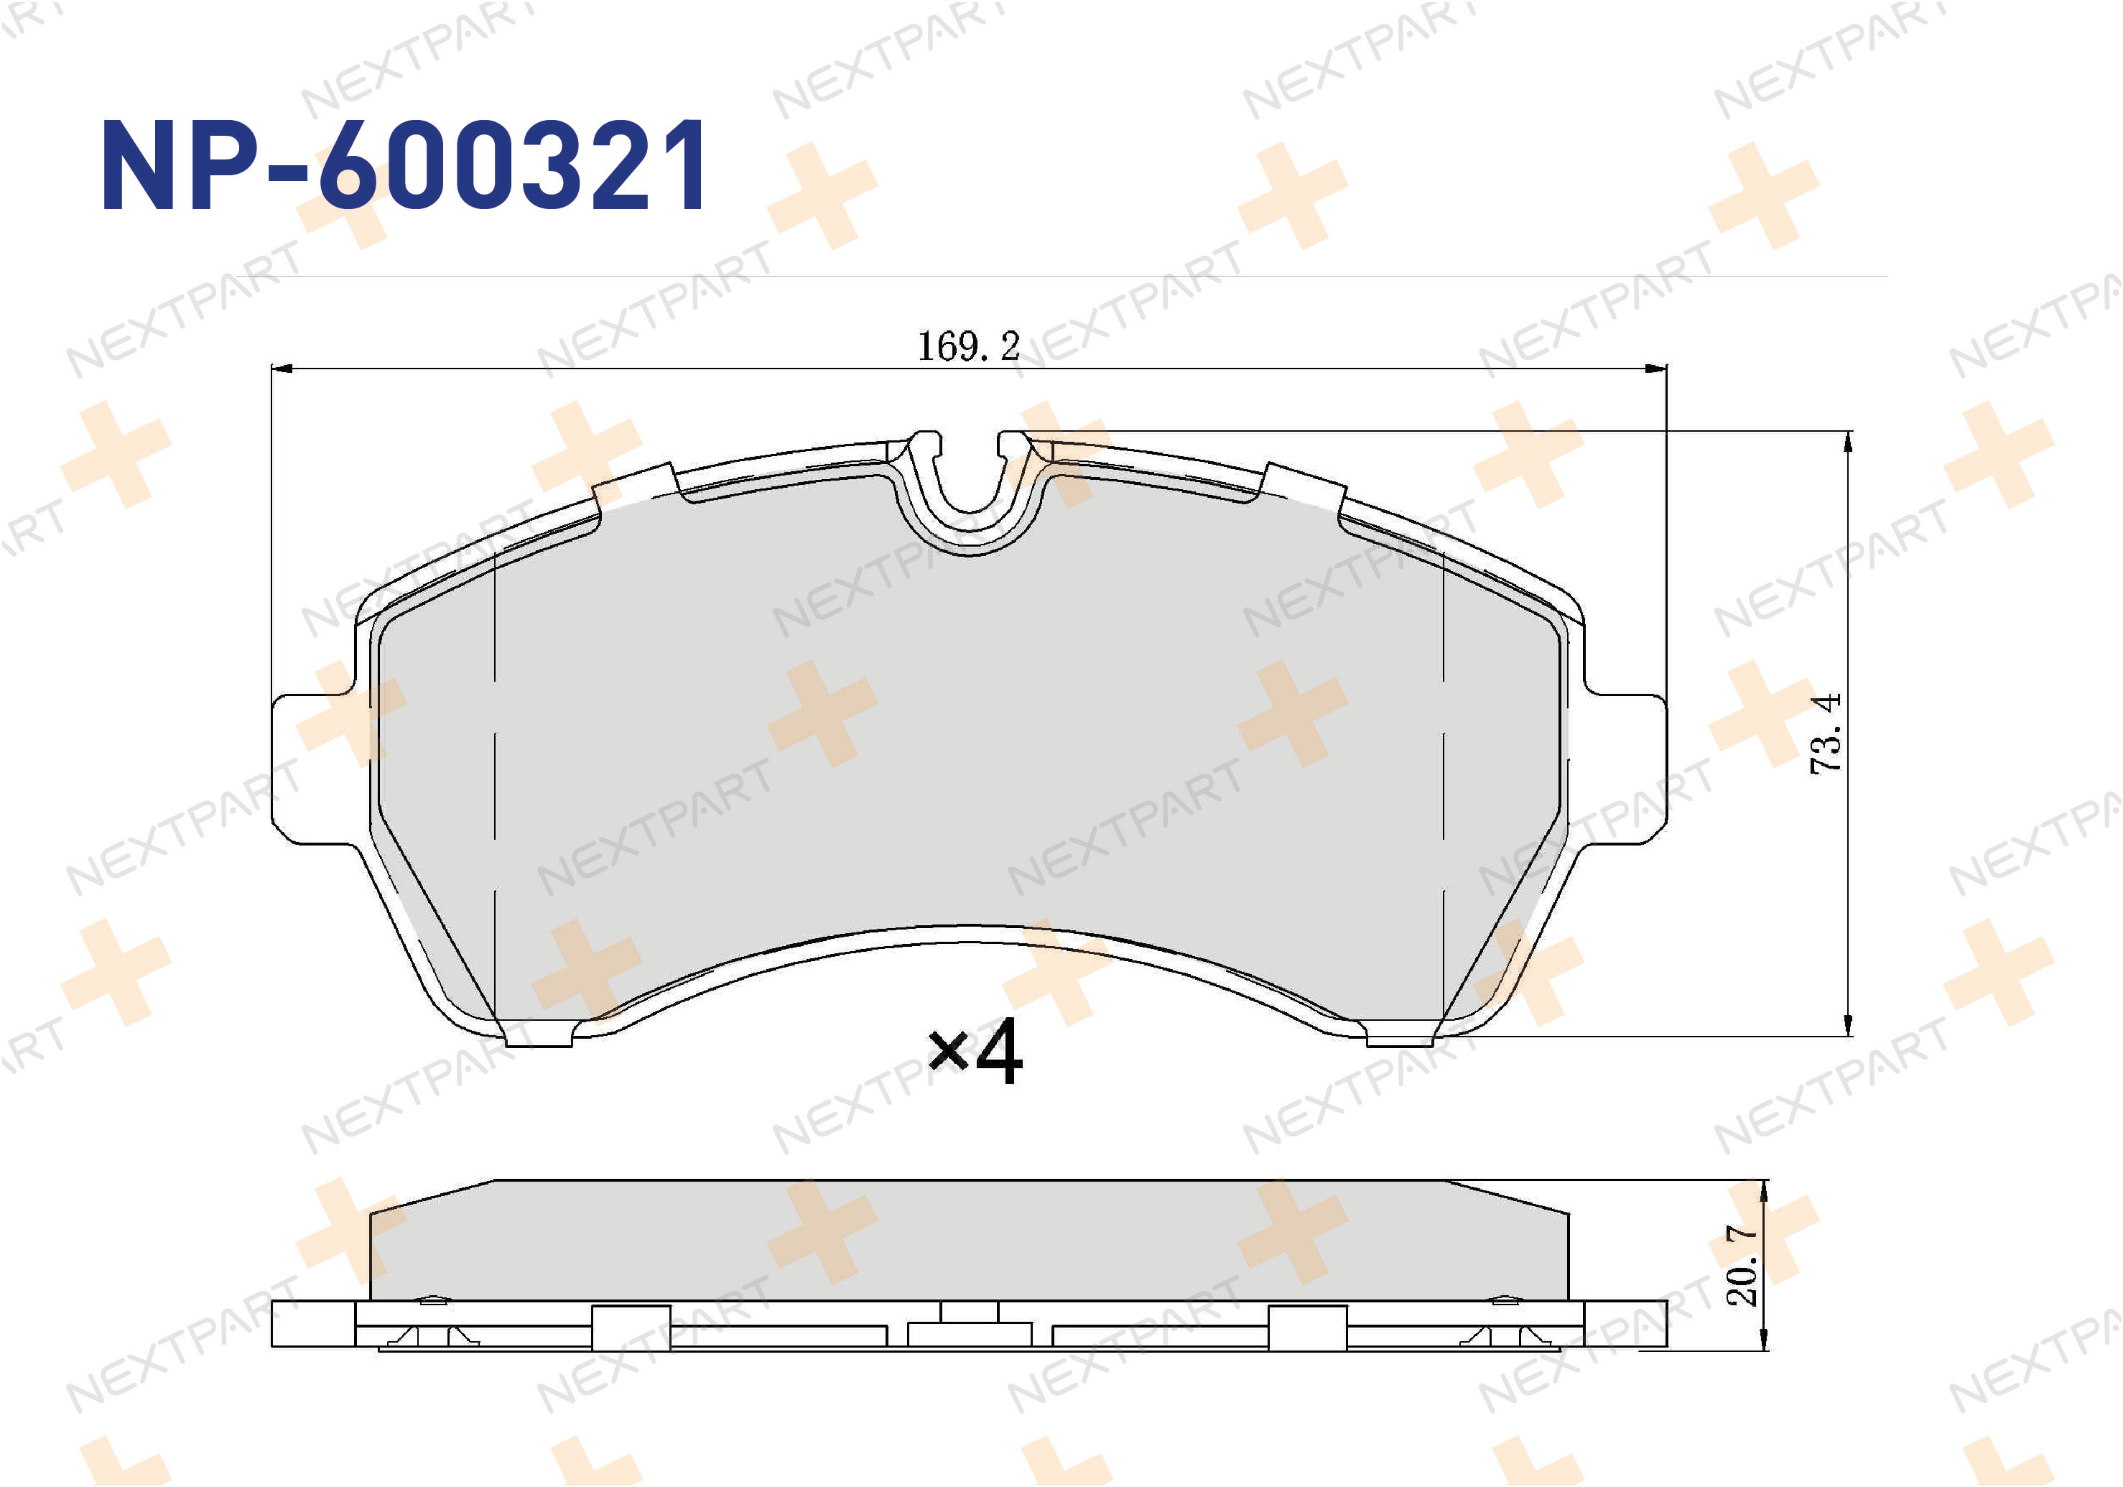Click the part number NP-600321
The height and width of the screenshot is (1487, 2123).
coord(404,167)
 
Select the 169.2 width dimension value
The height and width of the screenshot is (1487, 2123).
coord(967,347)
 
